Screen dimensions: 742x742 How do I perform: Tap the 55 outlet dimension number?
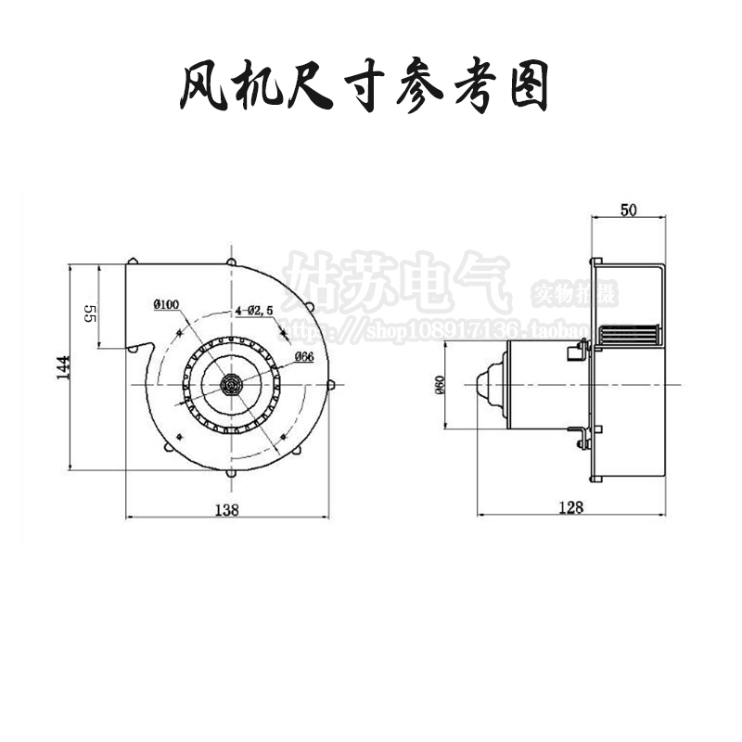[x=90, y=313]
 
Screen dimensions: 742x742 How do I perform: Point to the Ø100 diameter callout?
[x=167, y=304]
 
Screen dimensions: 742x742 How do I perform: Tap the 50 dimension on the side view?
[x=628, y=211]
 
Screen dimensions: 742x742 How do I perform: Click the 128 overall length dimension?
[x=571, y=506]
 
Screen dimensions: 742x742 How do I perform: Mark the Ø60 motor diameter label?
[x=438, y=384]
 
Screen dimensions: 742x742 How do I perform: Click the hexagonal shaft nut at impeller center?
[x=231, y=382]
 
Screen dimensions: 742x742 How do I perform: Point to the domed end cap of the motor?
[x=487, y=384]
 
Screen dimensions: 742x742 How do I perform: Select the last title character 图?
[x=531, y=91]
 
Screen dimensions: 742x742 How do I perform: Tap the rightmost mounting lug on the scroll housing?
[x=331, y=383]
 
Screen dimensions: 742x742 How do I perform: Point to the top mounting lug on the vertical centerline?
[x=231, y=260]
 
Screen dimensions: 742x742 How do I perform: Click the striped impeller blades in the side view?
[x=629, y=335]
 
